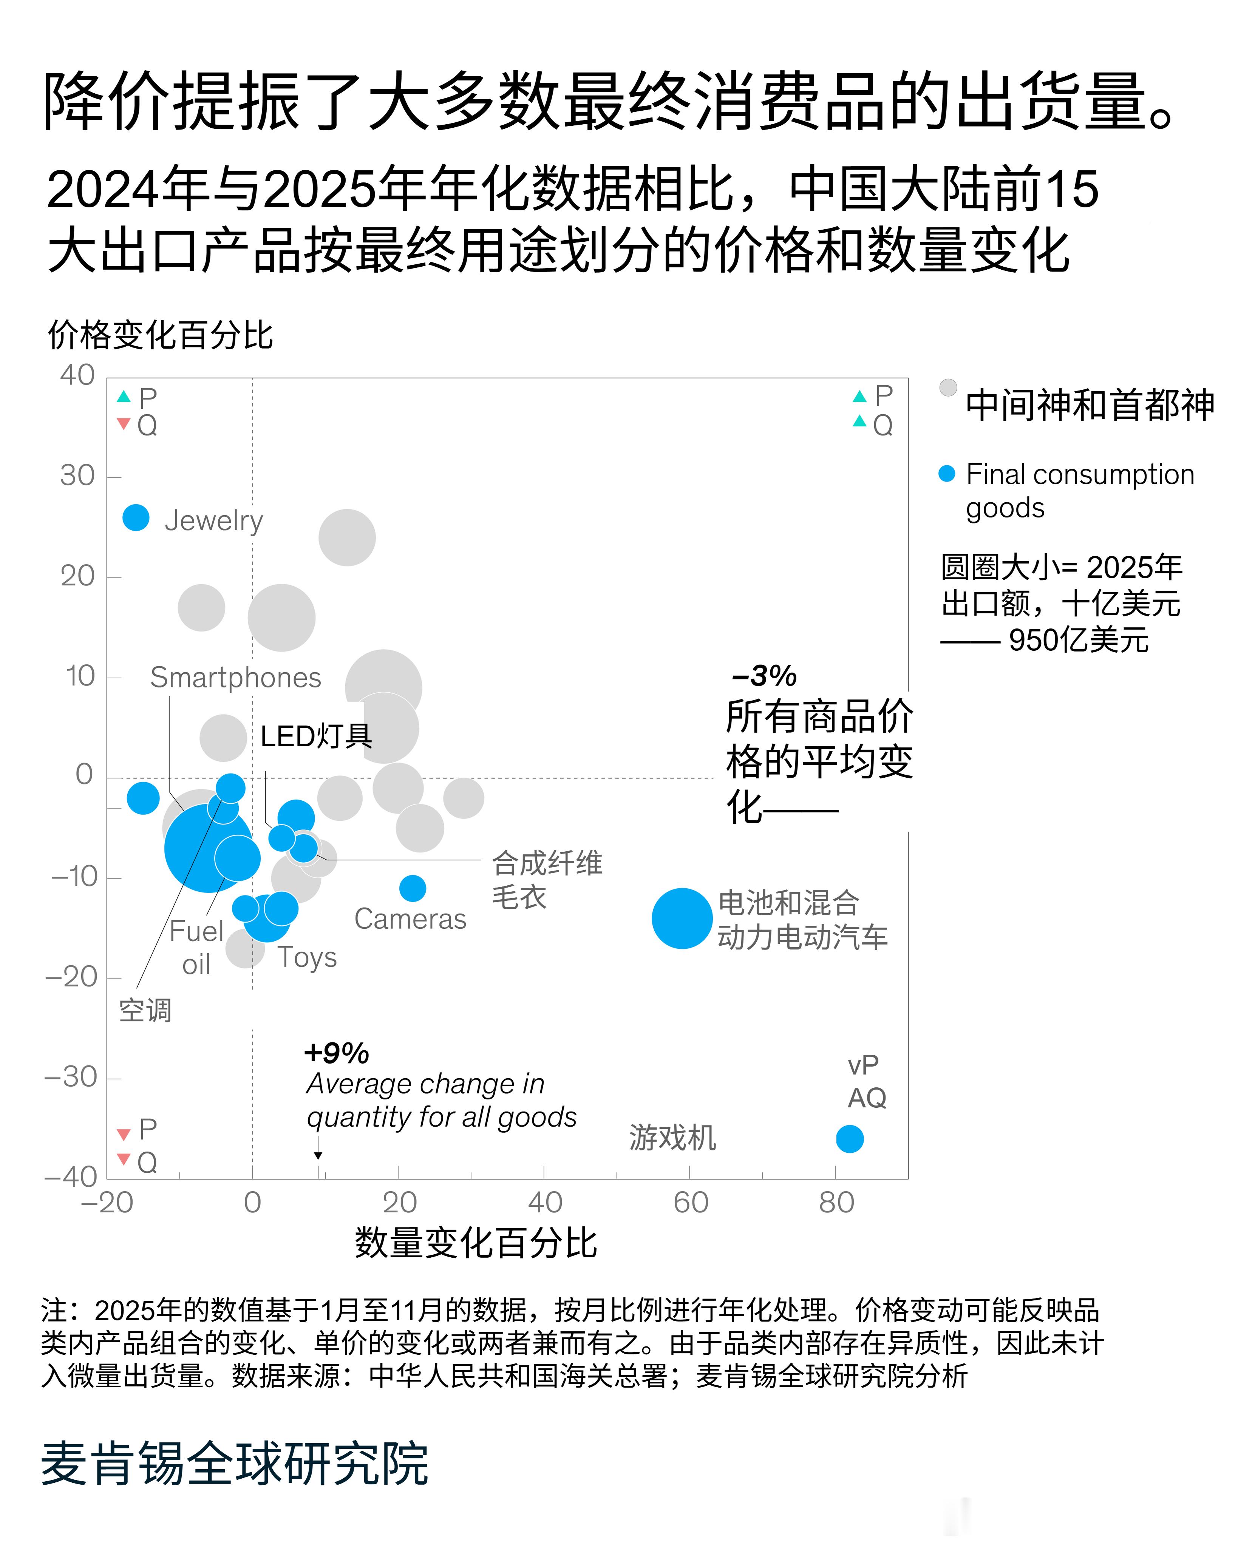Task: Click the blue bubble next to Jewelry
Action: pyautogui.click(x=136, y=517)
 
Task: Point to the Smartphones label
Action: pyautogui.click(x=235, y=677)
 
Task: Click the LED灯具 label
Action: pyautogui.click(x=316, y=736)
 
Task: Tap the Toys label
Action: pyautogui.click(x=307, y=957)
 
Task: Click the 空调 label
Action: pyautogui.click(x=145, y=1010)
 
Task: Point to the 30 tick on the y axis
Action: pyautogui.click(x=77, y=476)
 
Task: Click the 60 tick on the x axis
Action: pyautogui.click(x=691, y=1203)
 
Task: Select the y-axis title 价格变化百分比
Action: pyautogui.click(x=160, y=335)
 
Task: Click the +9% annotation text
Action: pyautogui.click(x=337, y=1053)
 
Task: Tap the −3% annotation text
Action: pyautogui.click(x=764, y=675)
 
